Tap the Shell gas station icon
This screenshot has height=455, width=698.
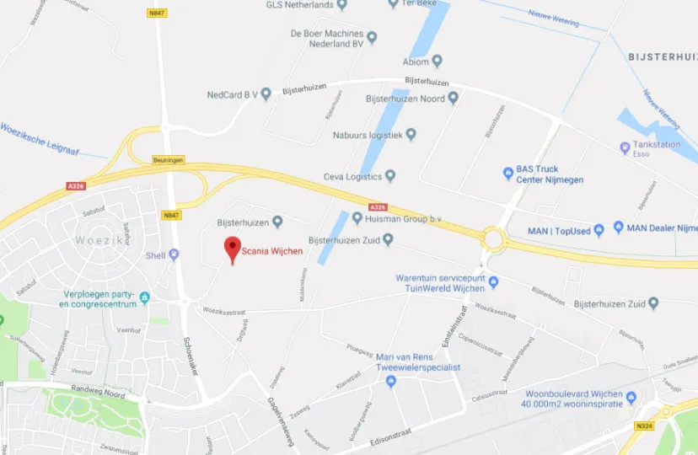pyautogui.click(x=174, y=254)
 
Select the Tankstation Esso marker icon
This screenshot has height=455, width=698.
pyautogui.click(x=624, y=145)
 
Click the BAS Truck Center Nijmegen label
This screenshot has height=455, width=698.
pyautogui.click(x=550, y=174)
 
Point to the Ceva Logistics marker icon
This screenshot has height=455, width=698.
pyautogui.click(x=390, y=176)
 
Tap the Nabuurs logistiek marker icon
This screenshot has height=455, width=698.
pyautogui.click(x=411, y=134)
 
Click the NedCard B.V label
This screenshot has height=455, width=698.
pyautogui.click(x=232, y=94)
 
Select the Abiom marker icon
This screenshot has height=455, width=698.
pyautogui.click(x=437, y=61)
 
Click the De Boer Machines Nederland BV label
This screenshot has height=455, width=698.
pyautogui.click(x=326, y=38)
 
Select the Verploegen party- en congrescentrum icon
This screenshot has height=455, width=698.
pyautogui.click(x=145, y=297)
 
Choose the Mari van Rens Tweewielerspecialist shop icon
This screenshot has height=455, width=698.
pyautogui.click(x=389, y=381)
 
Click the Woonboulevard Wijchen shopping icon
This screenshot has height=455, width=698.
pyautogui.click(x=631, y=396)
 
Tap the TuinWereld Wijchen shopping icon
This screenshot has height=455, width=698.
pyautogui.click(x=494, y=282)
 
